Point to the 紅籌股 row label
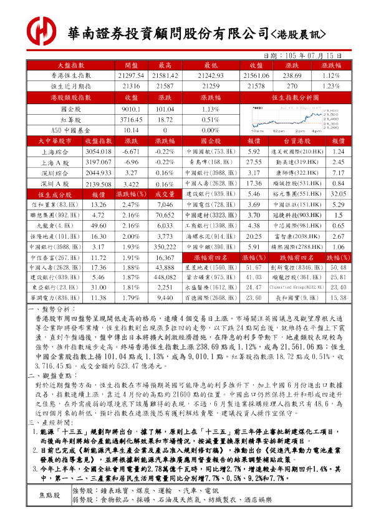coord(70,119)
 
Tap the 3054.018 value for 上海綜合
coord(97,152)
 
